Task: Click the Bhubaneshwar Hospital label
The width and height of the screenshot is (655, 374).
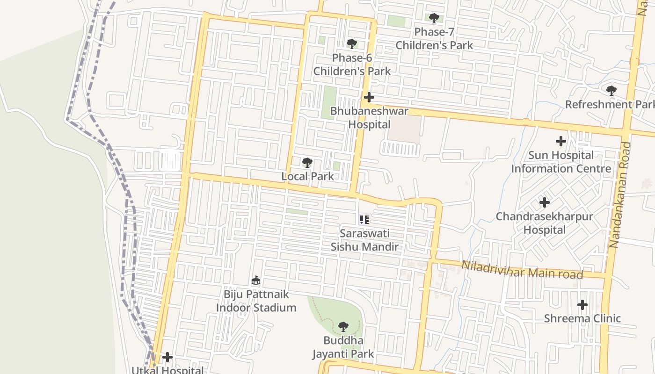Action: point(369,118)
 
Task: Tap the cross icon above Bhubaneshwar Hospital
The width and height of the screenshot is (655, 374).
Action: point(369,97)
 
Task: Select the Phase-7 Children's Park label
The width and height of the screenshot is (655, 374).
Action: point(434,38)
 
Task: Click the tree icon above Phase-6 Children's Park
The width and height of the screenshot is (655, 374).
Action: point(352,44)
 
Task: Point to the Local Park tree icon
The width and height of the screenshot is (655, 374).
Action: point(307,163)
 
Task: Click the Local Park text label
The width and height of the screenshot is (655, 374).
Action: point(307,176)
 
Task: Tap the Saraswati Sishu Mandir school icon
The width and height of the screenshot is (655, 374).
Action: point(364,219)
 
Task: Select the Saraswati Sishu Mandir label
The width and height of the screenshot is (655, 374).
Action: point(364,240)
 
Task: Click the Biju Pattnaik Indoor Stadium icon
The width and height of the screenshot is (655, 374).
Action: point(256,280)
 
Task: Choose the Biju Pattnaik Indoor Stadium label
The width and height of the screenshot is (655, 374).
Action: point(256,301)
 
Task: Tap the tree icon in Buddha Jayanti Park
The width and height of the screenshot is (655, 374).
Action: point(343,326)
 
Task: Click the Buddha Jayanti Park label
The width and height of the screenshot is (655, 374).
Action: point(343,347)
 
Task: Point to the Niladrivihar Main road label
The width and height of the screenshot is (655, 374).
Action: point(522,270)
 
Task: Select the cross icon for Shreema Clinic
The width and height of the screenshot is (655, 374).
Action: point(582,305)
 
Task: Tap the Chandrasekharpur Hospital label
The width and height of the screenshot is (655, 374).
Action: point(544,223)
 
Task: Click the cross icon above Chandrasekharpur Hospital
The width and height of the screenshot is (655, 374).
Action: point(545,202)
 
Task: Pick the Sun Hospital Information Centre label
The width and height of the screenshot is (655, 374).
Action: point(561,162)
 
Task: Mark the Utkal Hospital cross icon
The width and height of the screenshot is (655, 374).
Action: point(167,358)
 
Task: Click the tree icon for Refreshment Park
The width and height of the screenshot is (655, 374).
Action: point(611,90)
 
